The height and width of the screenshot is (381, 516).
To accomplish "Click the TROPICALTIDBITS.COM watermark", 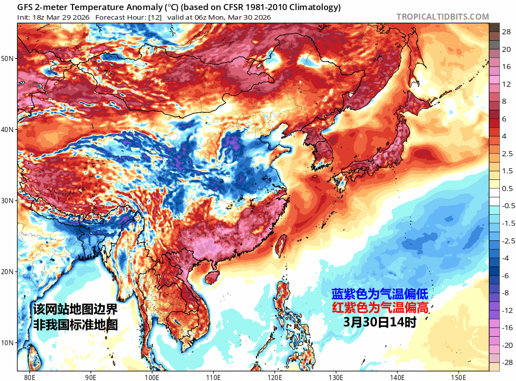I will [x=442, y=17].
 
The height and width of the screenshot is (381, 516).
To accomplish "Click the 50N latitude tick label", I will [x=8, y=58].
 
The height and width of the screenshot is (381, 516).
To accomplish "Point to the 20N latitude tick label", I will [x=8, y=272].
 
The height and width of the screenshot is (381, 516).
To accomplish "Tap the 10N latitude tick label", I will [x=8, y=343].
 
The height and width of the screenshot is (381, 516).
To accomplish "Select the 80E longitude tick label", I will [x=29, y=376].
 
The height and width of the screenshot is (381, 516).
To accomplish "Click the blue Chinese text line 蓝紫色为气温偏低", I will [x=379, y=294].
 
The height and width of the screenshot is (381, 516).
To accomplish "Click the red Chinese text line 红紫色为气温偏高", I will [x=379, y=308].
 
